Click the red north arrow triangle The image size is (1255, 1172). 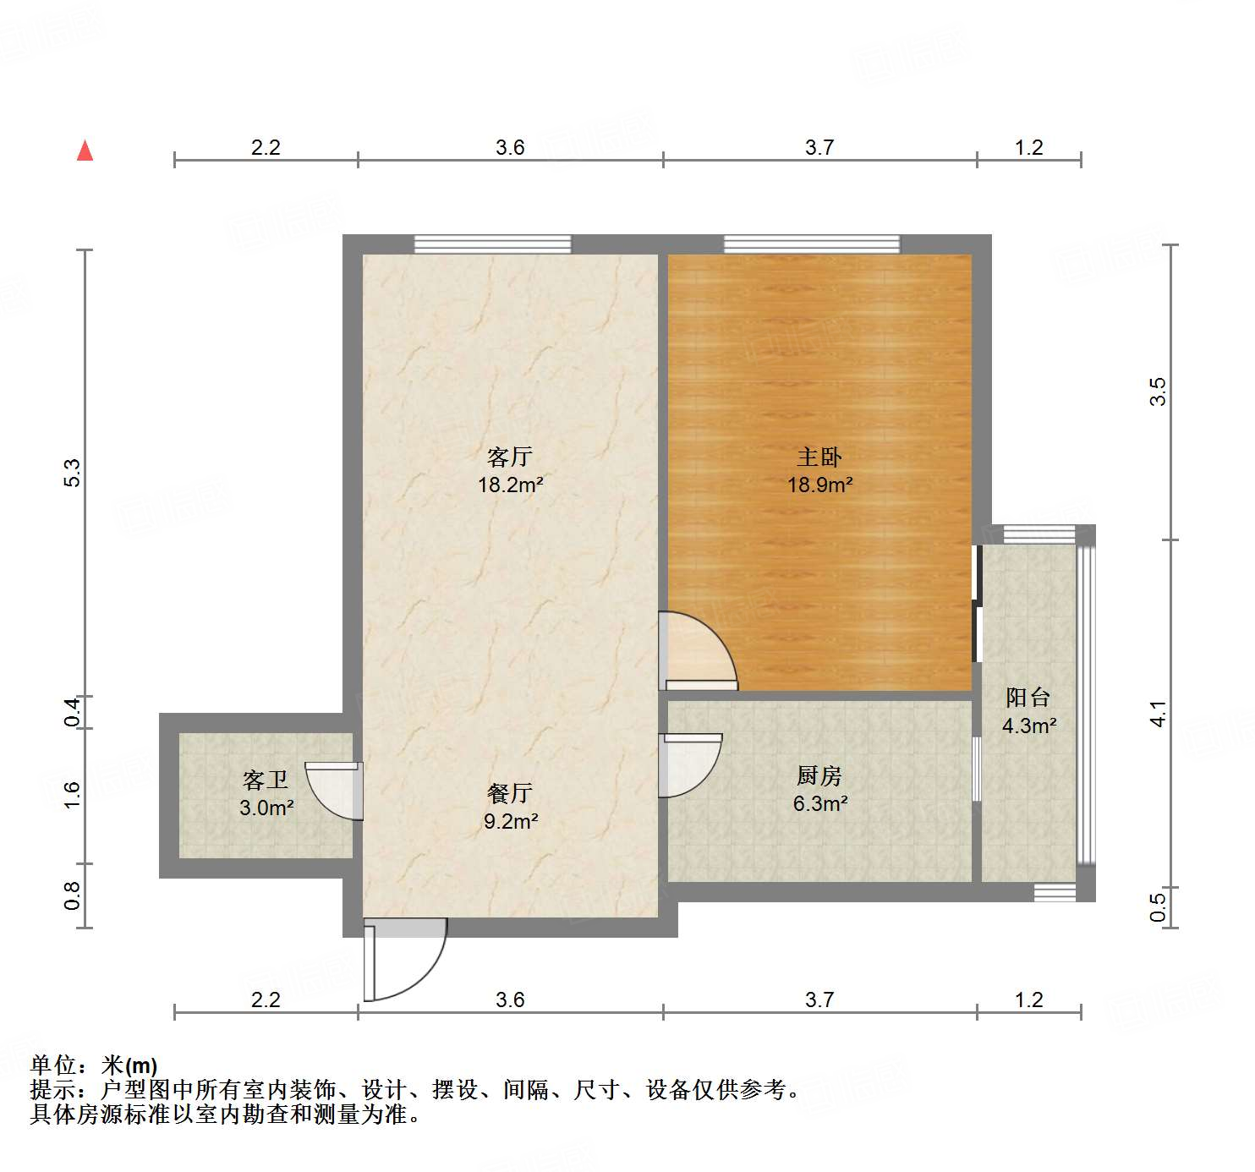pos(85,151)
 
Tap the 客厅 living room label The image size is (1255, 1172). pos(509,457)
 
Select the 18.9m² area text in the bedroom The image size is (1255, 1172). pos(819,485)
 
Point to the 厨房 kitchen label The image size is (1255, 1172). pos(819,775)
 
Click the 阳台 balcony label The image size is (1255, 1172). pos(1028,698)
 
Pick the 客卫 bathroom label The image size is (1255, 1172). pos(266,780)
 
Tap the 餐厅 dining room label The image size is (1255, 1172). pos(509,793)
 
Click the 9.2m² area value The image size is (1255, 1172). pos(511,821)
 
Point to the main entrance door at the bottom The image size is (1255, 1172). pos(403,960)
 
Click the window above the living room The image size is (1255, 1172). pos(492,244)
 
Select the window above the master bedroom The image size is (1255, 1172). pos(812,244)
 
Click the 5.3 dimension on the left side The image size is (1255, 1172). pos(73,473)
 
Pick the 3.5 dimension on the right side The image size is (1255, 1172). pos(1158,392)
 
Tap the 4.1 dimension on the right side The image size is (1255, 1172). pos(1158,714)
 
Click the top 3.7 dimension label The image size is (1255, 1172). pos(819,148)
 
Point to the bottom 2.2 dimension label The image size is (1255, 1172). pos(266,1000)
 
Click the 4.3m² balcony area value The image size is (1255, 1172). pos(1029,726)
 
